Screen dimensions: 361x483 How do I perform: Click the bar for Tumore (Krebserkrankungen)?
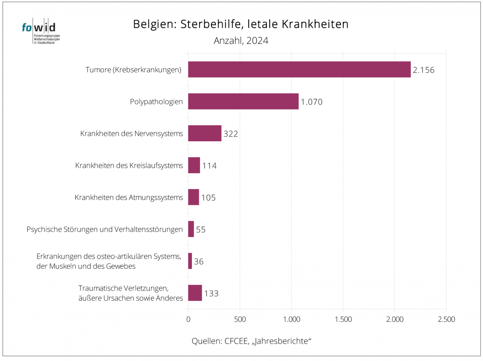pos(299,69)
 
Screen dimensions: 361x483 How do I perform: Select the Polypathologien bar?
pos(243,101)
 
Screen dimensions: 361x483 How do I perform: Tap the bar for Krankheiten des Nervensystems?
pos(204,133)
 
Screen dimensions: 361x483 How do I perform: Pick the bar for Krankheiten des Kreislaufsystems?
pos(194,165)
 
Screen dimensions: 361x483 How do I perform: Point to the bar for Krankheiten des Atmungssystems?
pos(194,197)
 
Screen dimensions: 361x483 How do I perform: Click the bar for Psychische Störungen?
pos(191,229)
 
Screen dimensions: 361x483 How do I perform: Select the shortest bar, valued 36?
pos(190,261)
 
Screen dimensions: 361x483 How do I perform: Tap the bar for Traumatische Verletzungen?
pos(195,293)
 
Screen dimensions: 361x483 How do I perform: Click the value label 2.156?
pos(424,70)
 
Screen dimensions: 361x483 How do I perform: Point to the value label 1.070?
pos(312,102)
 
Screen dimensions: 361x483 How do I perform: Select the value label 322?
pos(231,134)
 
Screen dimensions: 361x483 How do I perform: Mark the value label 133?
pos(211,293)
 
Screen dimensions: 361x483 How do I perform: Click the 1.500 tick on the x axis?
pos(343,320)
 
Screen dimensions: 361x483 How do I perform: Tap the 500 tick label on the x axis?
pos(240,320)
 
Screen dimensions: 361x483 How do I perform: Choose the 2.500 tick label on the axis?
pos(446,320)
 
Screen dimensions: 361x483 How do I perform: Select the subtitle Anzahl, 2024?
pos(241,41)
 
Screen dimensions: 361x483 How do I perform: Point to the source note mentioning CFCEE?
pos(252,341)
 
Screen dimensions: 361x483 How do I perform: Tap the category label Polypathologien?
pos(156,102)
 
